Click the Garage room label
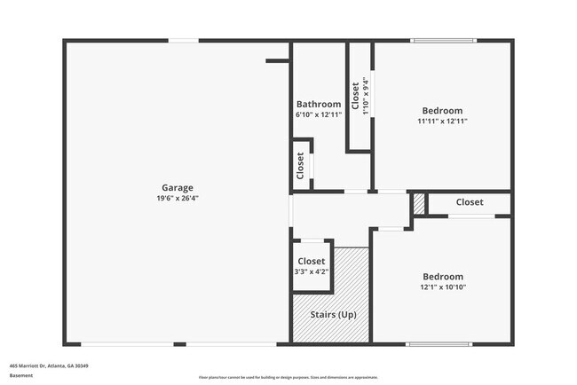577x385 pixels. pos(178,187)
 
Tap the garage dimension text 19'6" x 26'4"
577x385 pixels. pos(178,199)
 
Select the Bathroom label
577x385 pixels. pos(319,104)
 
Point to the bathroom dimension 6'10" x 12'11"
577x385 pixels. pos(319,115)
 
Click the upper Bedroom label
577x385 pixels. pos(443,110)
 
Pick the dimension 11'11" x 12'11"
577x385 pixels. pos(443,122)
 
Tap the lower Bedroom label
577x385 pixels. pos(443,275)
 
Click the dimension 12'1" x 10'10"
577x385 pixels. pos(443,287)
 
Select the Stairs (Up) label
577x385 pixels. pos(333,315)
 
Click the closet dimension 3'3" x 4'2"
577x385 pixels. pos(311,271)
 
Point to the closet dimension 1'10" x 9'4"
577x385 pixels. pos(366,96)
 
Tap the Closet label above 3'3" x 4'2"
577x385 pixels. pos(311,261)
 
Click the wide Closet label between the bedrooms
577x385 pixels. pos(470,202)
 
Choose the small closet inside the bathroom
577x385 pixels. pos(301,164)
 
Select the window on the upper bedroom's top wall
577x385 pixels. pos(443,40)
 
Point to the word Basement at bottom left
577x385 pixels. pos(21,375)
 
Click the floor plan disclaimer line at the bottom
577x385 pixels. pos(288,378)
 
